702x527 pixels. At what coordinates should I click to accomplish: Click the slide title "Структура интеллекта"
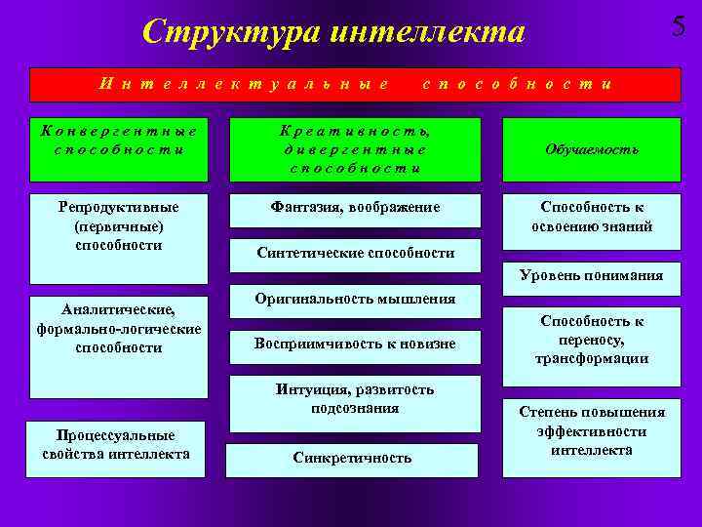point(333,31)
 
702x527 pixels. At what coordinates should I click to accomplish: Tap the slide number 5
point(679,26)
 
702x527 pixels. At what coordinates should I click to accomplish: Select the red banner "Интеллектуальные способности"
point(355,84)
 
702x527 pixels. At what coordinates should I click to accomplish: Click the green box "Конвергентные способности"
point(118,147)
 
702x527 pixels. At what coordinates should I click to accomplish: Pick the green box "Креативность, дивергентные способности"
point(355,148)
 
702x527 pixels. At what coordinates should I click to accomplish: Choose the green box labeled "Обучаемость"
point(591,149)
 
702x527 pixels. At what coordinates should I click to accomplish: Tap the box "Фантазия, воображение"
point(355,208)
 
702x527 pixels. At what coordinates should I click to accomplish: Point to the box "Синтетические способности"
point(355,253)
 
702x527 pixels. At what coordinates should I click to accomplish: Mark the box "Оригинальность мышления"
point(355,298)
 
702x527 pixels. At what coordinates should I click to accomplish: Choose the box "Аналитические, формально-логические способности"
point(118,329)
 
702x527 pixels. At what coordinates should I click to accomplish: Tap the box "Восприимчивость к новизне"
point(355,343)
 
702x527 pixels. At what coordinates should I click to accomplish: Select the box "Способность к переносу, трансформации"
point(592,340)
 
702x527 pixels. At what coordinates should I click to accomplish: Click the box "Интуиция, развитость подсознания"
point(355,399)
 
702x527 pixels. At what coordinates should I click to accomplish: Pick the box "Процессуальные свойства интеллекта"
point(116,445)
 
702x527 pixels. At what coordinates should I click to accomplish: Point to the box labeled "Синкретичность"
point(352,457)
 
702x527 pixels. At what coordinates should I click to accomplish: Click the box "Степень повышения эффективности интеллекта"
point(592,430)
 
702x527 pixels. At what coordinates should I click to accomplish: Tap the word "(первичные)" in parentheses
point(118,226)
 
